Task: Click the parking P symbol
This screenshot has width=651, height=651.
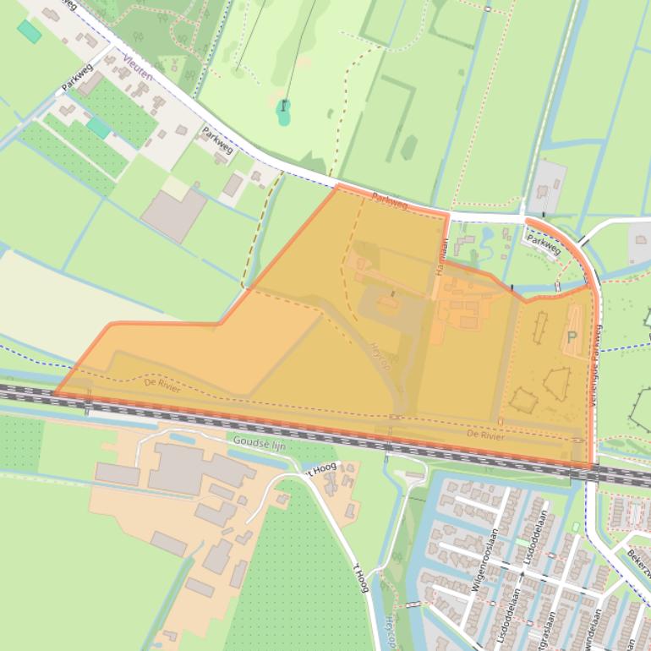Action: click(572, 336)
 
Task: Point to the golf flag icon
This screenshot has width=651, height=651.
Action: click(283, 107)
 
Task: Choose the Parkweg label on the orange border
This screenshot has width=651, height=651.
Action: click(390, 202)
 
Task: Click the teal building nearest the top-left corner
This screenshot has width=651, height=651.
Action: click(30, 31)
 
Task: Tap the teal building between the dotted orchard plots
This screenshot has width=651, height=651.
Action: click(98, 128)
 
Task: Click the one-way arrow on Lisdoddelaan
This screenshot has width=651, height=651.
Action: click(522, 574)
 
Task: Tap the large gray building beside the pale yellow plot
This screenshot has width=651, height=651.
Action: click(173, 214)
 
